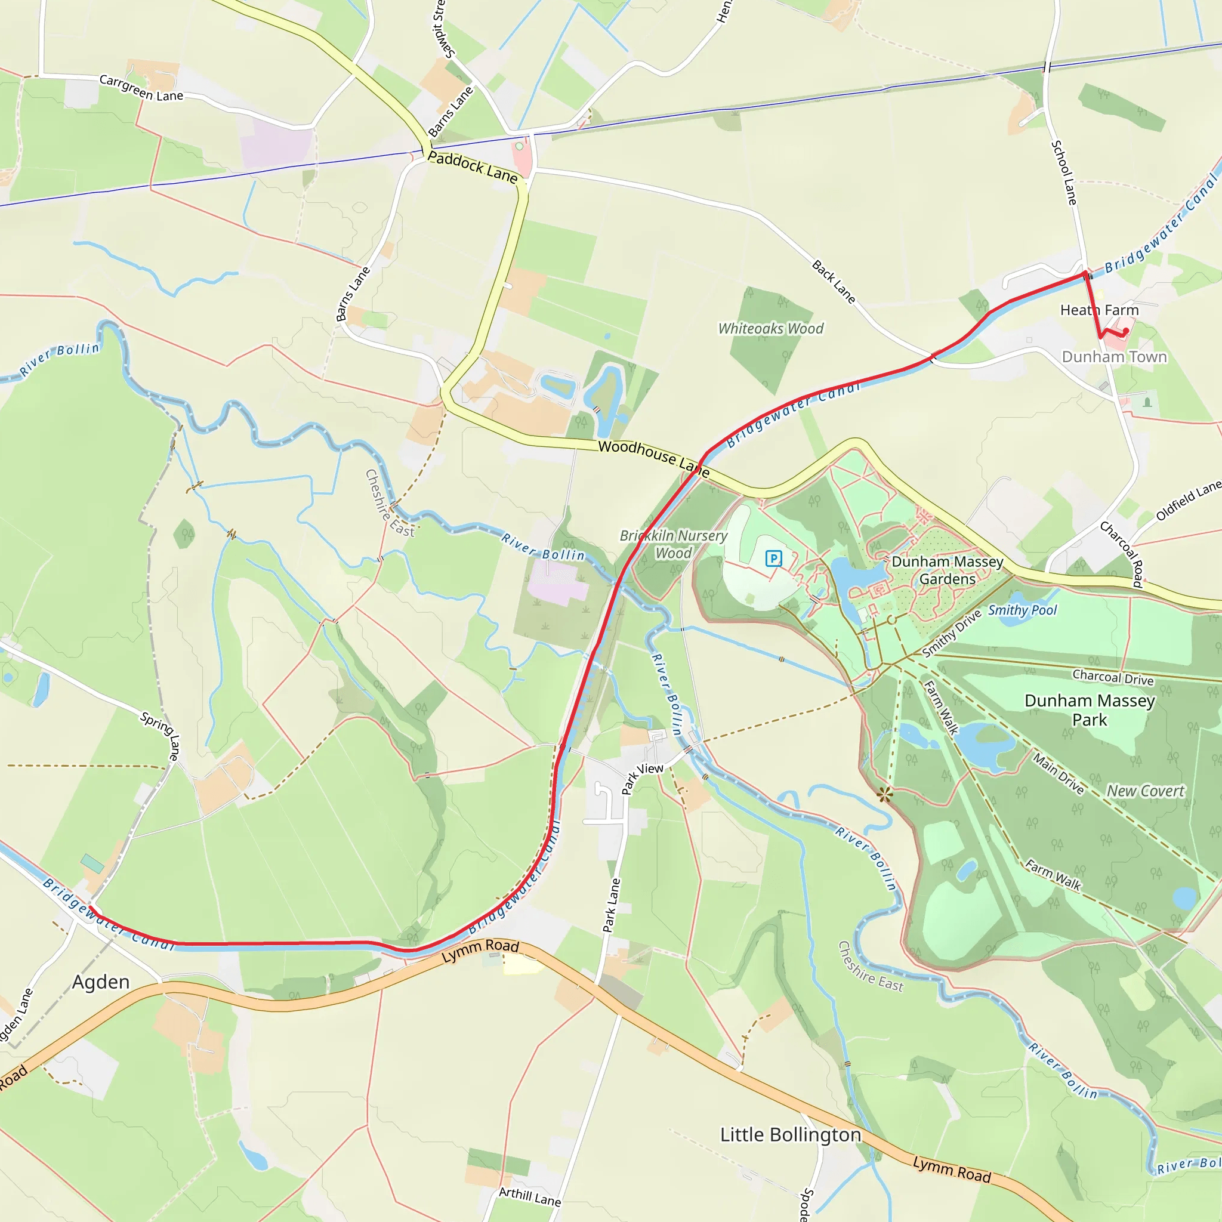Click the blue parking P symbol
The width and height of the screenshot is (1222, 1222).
[x=773, y=558]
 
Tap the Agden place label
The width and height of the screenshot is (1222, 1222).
[x=101, y=982]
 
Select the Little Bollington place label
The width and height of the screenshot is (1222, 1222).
[x=790, y=1134]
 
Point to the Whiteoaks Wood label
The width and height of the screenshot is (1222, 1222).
[x=770, y=328]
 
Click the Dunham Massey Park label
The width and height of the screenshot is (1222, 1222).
[x=1089, y=709]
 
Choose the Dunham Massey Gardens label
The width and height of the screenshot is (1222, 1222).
[x=947, y=570]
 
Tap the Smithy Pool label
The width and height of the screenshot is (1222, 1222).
[x=1022, y=610]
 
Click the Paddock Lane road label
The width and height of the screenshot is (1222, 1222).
[x=473, y=166]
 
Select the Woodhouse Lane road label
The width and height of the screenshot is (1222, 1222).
[x=653, y=458]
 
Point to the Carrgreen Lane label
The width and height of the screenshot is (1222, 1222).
[x=141, y=88]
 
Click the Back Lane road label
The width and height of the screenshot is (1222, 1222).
[x=834, y=282]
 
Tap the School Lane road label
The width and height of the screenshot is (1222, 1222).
[x=1064, y=172]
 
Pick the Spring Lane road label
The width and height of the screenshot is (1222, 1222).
[x=161, y=736]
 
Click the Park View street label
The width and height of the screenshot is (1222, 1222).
[x=642, y=777]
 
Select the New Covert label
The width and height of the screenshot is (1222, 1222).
[x=1145, y=791]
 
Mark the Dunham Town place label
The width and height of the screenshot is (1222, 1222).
[x=1114, y=357]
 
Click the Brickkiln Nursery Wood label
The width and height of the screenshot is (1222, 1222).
[x=673, y=544]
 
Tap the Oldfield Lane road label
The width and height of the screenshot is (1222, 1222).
[x=1188, y=500]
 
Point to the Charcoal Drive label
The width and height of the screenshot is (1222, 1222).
[x=1113, y=677]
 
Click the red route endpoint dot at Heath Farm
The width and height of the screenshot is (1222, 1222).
[x=1126, y=331]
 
